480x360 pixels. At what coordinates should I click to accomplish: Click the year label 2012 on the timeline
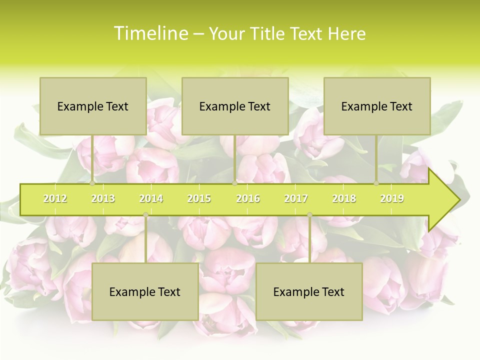tap(55, 198)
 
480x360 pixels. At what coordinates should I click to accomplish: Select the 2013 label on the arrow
tap(103, 198)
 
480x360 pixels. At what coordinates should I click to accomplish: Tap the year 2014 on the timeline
tap(151, 198)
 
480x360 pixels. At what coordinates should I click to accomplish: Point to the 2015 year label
tap(199, 198)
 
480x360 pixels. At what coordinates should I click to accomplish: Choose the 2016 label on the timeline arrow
tap(248, 198)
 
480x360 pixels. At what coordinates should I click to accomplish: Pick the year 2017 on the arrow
tap(296, 198)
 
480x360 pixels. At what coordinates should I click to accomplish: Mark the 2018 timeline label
tap(344, 198)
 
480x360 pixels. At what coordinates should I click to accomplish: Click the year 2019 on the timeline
tap(392, 198)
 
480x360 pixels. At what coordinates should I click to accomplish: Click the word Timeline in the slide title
tap(150, 33)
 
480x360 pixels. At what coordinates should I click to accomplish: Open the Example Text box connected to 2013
tap(93, 106)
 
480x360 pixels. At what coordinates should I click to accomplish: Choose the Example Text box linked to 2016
tap(235, 106)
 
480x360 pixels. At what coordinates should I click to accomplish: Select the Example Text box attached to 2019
tap(377, 106)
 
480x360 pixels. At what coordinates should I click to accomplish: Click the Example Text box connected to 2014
tap(145, 291)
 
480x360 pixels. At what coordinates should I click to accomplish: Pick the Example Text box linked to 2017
tap(309, 291)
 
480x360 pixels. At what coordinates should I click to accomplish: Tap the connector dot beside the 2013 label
tap(92, 183)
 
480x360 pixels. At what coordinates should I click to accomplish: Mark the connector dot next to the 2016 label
tap(234, 183)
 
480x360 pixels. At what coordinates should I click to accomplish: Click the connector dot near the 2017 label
tap(309, 215)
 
